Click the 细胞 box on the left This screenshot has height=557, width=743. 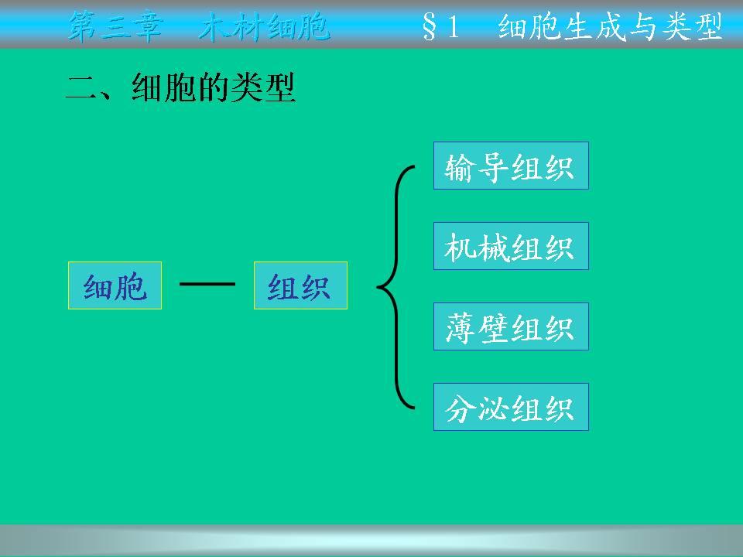pos(115,285)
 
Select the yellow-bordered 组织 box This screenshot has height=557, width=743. pos(301,285)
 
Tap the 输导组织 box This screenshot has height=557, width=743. pos(511,166)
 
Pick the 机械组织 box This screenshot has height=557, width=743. pos(511,246)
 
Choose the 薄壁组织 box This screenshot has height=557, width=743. pos(511,326)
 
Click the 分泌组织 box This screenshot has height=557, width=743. pos(511,408)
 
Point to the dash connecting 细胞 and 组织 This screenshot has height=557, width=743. pos(207,284)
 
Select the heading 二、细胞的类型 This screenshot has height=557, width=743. pos(180,87)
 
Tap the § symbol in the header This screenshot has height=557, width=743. pos(429,28)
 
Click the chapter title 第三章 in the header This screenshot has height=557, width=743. pos(115,26)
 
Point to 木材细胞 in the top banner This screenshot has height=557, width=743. pos(264,26)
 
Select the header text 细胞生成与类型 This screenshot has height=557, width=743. pos(611,26)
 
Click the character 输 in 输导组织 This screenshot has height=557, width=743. pos(460,168)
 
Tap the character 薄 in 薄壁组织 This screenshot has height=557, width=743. pos(460,329)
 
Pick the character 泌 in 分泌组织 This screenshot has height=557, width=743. pos(493,408)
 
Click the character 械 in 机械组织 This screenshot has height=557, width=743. pos(493,248)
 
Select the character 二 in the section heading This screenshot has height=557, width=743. pos(81,88)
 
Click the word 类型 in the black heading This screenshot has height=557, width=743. pos(263,87)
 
